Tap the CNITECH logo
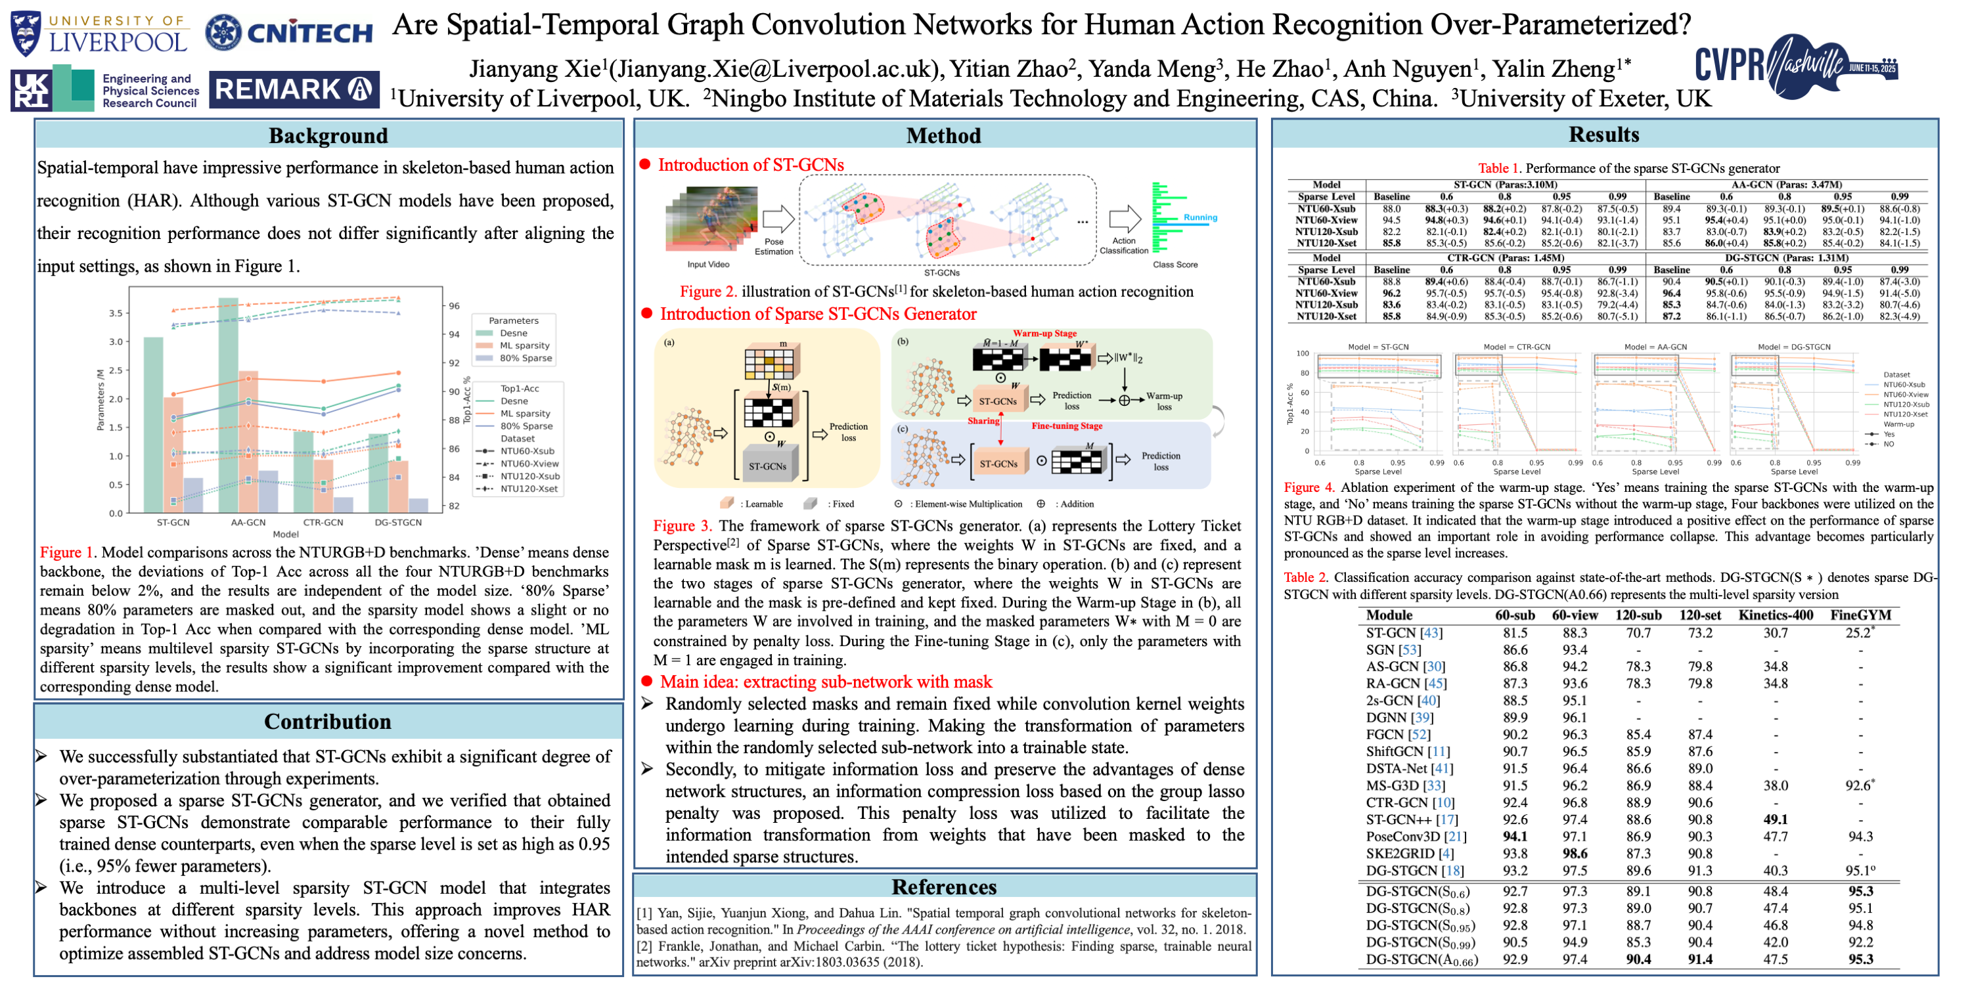click(289, 32)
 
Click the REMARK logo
click(294, 89)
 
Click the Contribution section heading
click(327, 721)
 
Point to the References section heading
click(944, 886)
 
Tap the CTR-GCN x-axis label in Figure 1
click(323, 522)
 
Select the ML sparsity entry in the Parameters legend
click(524, 345)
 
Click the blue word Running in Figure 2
click(1200, 217)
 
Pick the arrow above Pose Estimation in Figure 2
click(778, 219)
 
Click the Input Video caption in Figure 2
click(708, 265)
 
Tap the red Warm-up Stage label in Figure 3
click(1044, 334)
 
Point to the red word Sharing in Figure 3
click(983, 421)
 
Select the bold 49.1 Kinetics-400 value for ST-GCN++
click(1775, 819)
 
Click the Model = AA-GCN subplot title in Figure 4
click(1655, 347)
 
